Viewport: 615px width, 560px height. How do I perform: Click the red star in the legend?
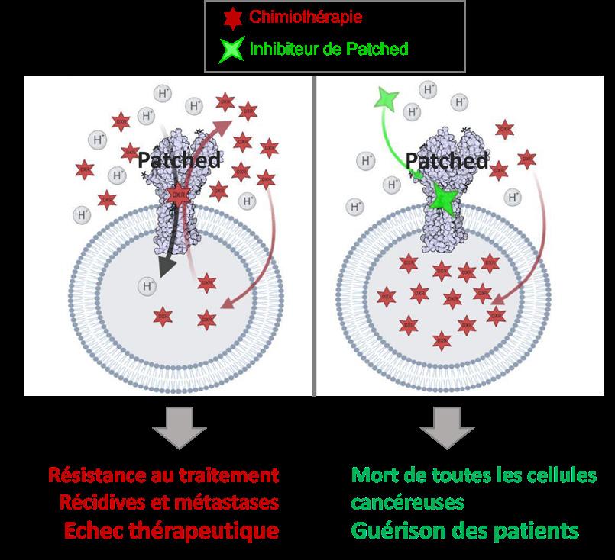[230, 16]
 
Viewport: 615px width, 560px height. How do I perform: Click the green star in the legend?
[231, 50]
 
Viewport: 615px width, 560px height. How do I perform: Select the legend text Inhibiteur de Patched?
[329, 50]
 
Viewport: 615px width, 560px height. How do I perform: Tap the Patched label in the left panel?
[180, 160]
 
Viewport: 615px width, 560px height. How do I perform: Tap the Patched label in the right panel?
[447, 160]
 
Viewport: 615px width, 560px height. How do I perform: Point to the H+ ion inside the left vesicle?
[147, 286]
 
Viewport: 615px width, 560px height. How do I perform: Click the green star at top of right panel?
[386, 99]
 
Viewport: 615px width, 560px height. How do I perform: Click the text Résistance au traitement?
[163, 475]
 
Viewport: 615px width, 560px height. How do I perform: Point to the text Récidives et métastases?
[168, 502]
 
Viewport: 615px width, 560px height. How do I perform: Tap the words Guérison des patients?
[464, 530]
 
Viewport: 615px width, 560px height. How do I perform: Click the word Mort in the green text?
[373, 475]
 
